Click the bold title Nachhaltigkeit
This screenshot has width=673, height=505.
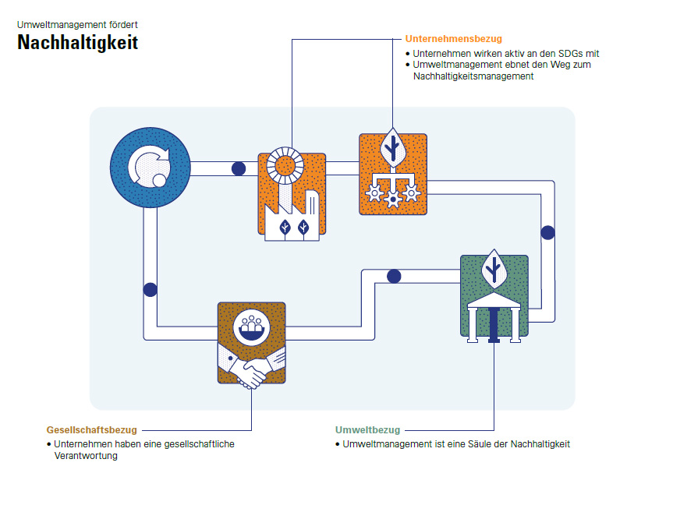78,43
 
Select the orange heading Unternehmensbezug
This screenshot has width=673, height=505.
454,39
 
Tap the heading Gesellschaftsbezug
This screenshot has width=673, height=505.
92,430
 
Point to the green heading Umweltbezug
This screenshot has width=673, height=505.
368,430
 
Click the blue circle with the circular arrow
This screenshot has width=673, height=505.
151,168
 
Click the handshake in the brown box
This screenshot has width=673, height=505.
252,367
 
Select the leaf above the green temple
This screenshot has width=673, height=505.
494,270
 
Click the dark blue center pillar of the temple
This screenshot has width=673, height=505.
494,325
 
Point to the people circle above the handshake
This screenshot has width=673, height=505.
252,328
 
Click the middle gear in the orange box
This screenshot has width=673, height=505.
393,199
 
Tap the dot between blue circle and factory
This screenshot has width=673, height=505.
239,168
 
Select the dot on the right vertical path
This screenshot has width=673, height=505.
547,232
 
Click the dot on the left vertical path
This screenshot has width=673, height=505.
151,290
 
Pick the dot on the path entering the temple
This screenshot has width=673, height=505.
394,277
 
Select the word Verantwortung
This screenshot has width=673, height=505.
86,456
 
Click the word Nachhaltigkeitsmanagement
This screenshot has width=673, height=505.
473,76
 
